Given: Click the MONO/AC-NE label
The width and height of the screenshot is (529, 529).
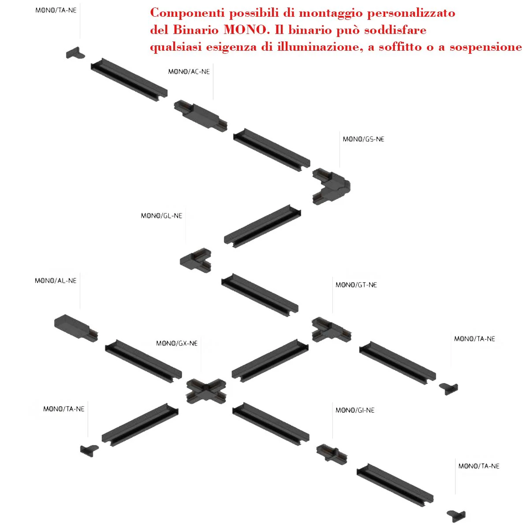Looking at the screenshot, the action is [189, 72].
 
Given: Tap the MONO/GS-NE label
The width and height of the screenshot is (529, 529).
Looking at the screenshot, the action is [363, 139].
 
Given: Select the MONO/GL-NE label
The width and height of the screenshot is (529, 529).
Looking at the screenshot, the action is [161, 216].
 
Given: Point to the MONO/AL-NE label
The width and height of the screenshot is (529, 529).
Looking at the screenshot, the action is [56, 280].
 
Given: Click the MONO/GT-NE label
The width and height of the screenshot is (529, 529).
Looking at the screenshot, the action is [356, 285].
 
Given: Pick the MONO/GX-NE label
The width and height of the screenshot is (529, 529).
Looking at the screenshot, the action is [177, 343].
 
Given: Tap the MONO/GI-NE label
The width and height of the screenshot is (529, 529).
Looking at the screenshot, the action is [355, 410].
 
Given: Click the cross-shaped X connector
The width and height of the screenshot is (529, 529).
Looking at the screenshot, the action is [206, 391].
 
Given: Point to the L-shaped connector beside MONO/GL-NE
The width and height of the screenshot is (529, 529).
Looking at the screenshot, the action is [195, 260].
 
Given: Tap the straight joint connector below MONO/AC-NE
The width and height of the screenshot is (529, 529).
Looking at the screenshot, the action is [201, 116].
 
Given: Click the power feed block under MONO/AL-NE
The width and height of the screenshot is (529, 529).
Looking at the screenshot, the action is [76, 328].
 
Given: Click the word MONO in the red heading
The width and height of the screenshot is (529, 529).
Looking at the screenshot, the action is [245, 30].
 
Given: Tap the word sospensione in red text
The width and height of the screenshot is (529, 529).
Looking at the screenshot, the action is [486, 48].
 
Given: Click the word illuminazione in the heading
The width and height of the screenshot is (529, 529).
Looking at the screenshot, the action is [318, 47].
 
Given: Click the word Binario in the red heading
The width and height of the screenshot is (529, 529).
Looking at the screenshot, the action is [196, 30].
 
